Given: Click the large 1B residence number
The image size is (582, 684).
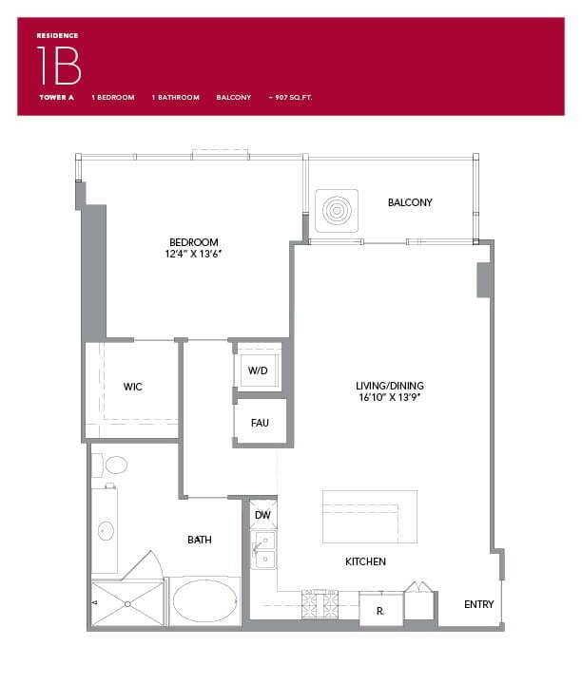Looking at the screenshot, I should tap(59, 66).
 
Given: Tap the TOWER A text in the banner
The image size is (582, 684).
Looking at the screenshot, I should tap(56, 97).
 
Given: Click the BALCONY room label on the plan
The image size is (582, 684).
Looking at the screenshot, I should tap(410, 202).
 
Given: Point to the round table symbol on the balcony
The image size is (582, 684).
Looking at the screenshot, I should tap(338, 209).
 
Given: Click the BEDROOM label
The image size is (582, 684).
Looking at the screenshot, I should tap(194, 242).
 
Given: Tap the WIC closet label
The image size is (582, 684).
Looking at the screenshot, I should tap(133, 388).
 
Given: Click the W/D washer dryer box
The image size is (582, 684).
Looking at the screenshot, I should tap(258, 370).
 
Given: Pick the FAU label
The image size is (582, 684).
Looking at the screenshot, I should tap(260, 423).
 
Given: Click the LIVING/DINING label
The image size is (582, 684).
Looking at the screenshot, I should tap(390, 386).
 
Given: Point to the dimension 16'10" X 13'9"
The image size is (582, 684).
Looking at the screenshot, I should tap(390, 398).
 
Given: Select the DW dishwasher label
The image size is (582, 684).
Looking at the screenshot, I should tap(262, 516).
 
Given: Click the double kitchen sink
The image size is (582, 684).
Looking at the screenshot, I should tap(263, 549).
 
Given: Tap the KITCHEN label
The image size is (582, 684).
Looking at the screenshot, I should tap(365, 561).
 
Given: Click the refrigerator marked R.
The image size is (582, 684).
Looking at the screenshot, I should tap(379, 609).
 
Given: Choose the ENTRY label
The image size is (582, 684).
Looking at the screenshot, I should tap(478, 604).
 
